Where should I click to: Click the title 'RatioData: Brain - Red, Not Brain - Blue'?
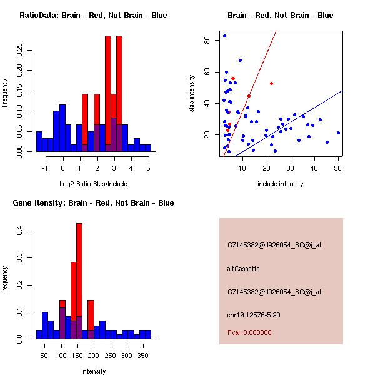click(93, 16)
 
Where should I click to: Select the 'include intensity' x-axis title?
click(281, 184)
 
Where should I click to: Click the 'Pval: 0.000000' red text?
click(251, 333)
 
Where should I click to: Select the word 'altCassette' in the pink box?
click(243, 269)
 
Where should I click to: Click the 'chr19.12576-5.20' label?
click(253, 314)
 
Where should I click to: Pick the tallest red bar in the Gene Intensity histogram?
click(79, 281)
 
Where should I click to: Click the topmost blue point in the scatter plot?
click(224, 36)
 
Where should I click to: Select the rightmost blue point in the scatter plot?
click(338, 132)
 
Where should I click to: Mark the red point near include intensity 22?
click(271, 83)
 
